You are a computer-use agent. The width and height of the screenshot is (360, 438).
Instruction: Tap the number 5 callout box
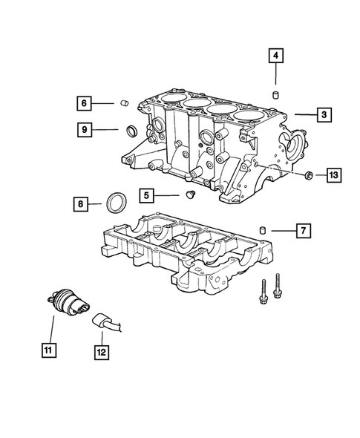point(147,196)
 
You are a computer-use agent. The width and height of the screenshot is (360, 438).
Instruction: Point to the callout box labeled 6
point(84,102)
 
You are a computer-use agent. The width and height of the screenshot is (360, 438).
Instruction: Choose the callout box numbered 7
point(302,232)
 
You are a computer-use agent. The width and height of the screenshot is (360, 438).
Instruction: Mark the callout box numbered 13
point(333,175)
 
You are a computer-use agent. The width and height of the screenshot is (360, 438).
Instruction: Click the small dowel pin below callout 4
point(275,94)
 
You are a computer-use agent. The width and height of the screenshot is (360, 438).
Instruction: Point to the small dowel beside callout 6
point(126,103)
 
